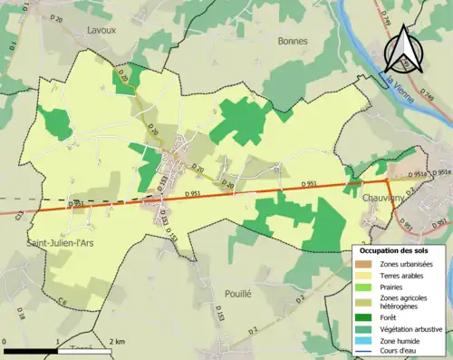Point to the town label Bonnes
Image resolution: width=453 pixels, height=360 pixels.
(x=293, y=41)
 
